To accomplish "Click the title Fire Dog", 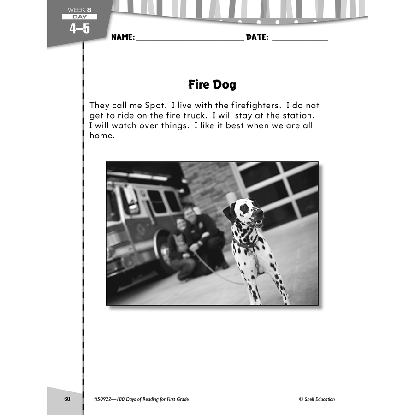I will tap(212, 85).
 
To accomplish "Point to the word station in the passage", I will tap(298, 116).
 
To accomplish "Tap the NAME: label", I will tap(123, 37).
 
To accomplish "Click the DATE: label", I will tap(257, 37).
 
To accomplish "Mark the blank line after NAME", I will tap(190, 40).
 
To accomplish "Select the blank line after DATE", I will tap(300, 40).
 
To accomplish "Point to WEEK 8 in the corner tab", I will tap(79, 9).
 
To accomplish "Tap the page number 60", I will tap(67, 399).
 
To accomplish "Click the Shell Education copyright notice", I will tap(316, 399).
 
